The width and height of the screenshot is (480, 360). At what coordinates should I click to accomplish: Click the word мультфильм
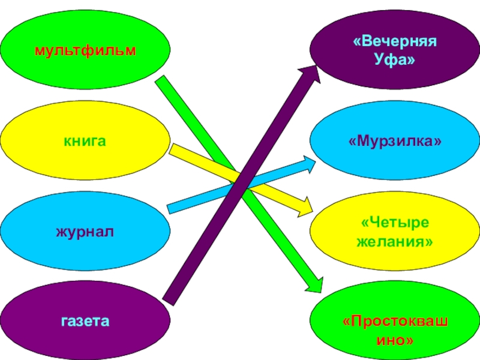click(x=85, y=49)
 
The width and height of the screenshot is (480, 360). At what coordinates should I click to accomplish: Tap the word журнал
click(x=85, y=231)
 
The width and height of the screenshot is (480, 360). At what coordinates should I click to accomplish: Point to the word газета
click(x=85, y=321)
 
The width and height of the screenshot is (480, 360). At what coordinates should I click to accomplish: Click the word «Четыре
click(x=395, y=223)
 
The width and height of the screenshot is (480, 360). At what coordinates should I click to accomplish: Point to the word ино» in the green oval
click(x=394, y=340)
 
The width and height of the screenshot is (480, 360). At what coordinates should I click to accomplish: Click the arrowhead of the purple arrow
click(x=311, y=70)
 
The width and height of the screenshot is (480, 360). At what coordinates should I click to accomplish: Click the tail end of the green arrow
click(x=161, y=82)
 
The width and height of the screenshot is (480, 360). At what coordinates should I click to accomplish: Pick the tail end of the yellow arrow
click(x=172, y=150)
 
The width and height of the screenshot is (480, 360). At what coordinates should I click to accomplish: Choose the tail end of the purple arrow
click(x=169, y=298)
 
